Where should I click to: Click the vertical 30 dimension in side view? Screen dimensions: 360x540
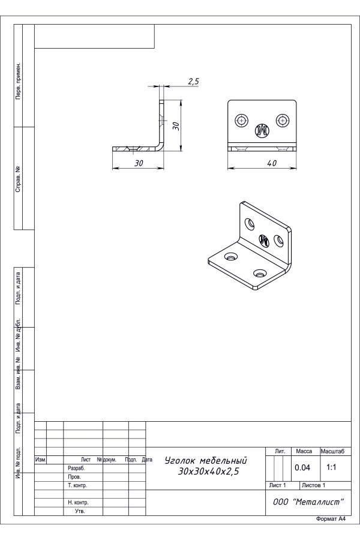pos(176,126)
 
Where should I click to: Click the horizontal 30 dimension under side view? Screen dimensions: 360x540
pos(139,163)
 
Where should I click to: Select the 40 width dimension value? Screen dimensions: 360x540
pos(272,163)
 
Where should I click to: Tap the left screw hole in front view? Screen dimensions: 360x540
pos(242,121)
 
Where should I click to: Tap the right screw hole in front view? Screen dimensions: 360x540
pos(283,121)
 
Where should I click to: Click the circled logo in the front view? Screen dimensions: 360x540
pos(262,130)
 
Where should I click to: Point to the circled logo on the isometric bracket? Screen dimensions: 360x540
pos(264,239)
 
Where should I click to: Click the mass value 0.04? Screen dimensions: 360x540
pos(302,467)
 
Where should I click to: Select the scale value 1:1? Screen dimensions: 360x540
pos(331,467)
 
